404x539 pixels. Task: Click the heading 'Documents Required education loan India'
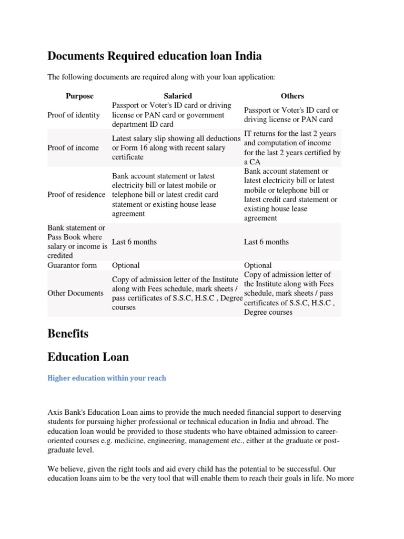pyautogui.click(x=154, y=56)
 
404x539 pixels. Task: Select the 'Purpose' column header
pyautogui.click(x=79, y=96)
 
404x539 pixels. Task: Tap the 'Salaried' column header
pyautogui.click(x=178, y=96)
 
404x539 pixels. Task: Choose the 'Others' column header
pyautogui.click(x=292, y=96)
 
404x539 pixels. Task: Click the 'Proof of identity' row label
pyautogui.click(x=74, y=115)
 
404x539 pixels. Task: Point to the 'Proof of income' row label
pyautogui.click(x=73, y=148)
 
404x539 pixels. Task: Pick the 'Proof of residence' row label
pyautogui.click(x=76, y=195)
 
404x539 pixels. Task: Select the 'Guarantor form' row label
pyautogui.click(x=72, y=265)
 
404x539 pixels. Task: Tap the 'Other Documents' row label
pyautogui.click(x=75, y=293)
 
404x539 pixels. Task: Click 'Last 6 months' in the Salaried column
pyautogui.click(x=134, y=242)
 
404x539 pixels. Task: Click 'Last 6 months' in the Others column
pyautogui.click(x=266, y=242)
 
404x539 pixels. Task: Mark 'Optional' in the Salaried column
pyautogui.click(x=126, y=265)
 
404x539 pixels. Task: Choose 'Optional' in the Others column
pyautogui.click(x=258, y=265)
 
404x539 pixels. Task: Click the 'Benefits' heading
pyautogui.click(x=68, y=334)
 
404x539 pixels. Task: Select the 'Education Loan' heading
pyautogui.click(x=88, y=357)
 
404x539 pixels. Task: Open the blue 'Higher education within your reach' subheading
pyautogui.click(x=107, y=378)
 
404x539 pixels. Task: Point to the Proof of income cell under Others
pyautogui.click(x=292, y=148)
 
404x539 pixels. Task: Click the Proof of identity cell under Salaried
pyautogui.click(x=171, y=115)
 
